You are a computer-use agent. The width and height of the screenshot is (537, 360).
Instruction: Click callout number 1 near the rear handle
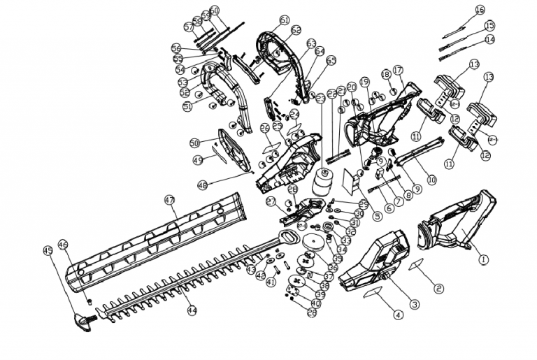coord(482,257)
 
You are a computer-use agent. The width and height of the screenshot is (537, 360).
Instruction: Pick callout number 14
coord(489,39)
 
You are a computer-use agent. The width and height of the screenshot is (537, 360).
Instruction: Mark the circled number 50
coord(195,143)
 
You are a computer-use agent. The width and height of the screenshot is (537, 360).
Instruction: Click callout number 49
coord(199,160)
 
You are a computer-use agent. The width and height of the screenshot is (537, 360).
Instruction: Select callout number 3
coord(431,180)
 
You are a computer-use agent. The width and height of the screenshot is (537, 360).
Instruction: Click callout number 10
coord(431,180)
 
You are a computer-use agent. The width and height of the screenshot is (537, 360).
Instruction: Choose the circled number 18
coord(385,74)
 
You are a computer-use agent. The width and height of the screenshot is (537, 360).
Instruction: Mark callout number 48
coord(202,185)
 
